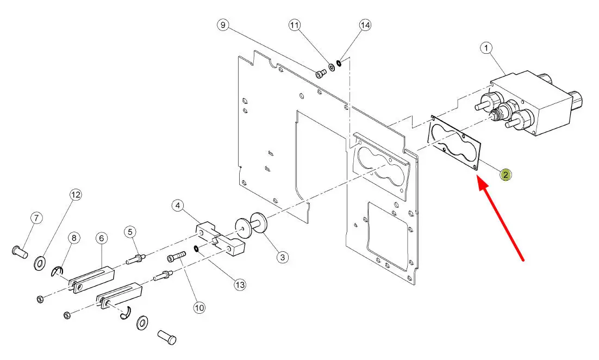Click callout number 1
tap(486, 48)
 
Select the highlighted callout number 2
tap(506, 175)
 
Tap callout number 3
tap(282, 257)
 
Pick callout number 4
tap(178, 206)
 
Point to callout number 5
tap(130, 232)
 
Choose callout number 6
tap(102, 238)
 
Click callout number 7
tap(36, 218)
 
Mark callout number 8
tap(74, 238)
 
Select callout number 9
tap(223, 25)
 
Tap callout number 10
tap(199, 307)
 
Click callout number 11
tap(294, 25)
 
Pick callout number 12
tap(76, 195)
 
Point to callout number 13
tap(240, 285)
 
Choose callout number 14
tap(365, 25)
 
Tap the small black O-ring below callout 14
tap(339, 63)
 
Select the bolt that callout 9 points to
tap(320, 73)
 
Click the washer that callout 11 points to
tap(332, 67)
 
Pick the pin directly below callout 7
tap(20, 252)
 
